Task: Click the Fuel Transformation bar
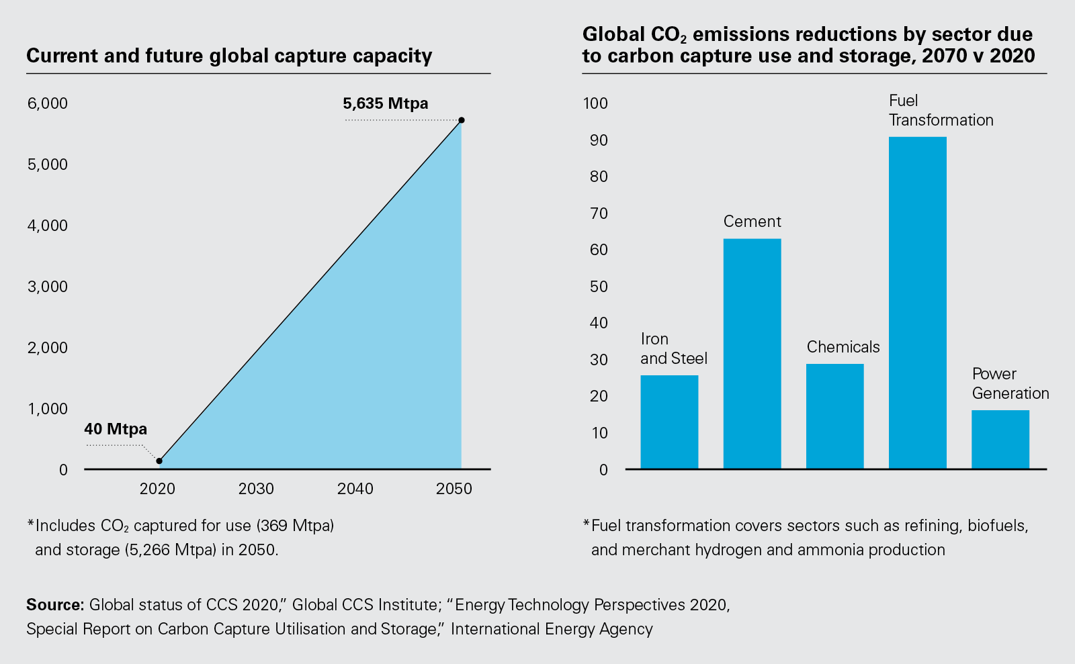click(917, 302)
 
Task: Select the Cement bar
click(752, 353)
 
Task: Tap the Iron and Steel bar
click(669, 422)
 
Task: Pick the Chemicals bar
click(834, 416)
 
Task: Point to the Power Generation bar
click(1000, 439)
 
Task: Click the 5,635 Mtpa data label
click(385, 103)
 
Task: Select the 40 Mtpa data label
click(116, 429)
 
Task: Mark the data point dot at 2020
click(159, 461)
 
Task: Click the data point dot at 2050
click(462, 120)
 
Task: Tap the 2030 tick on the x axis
click(256, 489)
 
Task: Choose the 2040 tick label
click(355, 489)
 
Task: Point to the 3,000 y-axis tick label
click(48, 287)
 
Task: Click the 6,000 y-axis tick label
click(48, 103)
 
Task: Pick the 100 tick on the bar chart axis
click(595, 103)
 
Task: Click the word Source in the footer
click(54, 605)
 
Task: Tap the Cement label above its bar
click(752, 222)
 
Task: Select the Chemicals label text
click(843, 347)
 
